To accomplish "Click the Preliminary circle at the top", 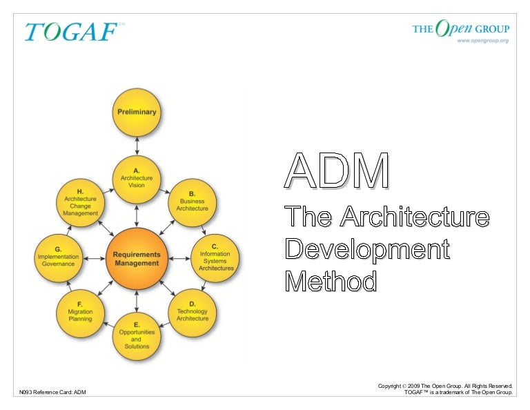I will coord(137,112).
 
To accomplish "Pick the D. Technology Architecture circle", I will coord(192,313).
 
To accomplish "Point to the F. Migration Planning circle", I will coord(80,313).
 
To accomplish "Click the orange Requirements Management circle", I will coord(137,258).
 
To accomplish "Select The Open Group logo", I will coord(460,28).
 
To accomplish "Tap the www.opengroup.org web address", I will coord(482,41).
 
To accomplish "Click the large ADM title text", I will coord(337,171).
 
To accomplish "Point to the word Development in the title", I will coord(368,249).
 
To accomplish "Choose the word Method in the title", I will coord(332,281).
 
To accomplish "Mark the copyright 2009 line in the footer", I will coord(445,385).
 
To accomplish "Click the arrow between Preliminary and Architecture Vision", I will coord(137,146).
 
